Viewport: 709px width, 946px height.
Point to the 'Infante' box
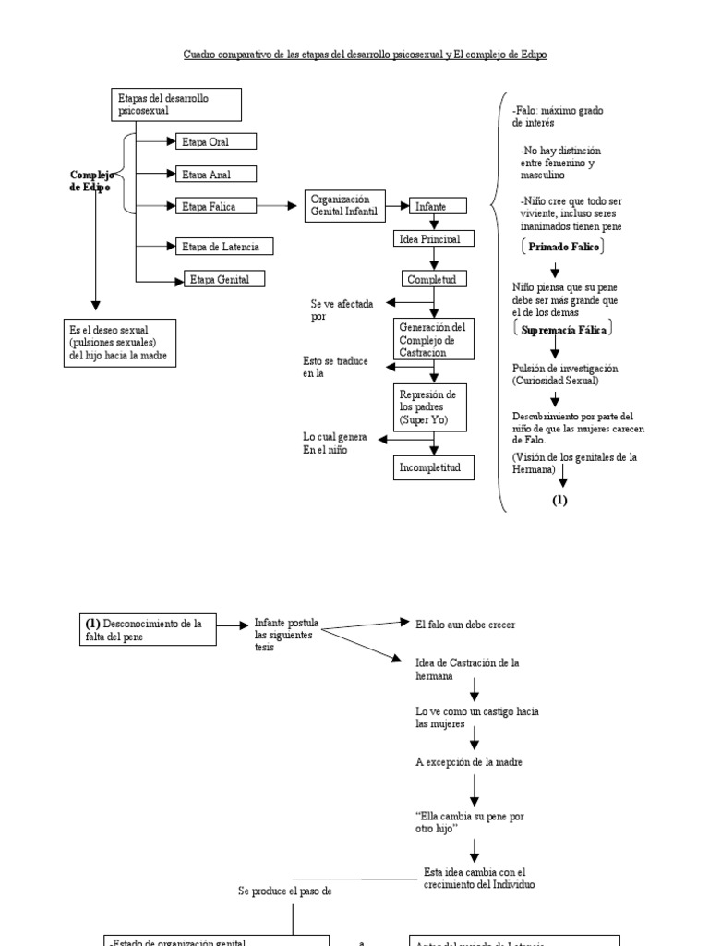(x=431, y=207)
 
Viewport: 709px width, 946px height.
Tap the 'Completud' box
(x=428, y=278)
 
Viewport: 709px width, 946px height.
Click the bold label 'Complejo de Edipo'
(x=90, y=180)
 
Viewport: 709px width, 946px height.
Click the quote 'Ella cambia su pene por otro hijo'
(x=470, y=822)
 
